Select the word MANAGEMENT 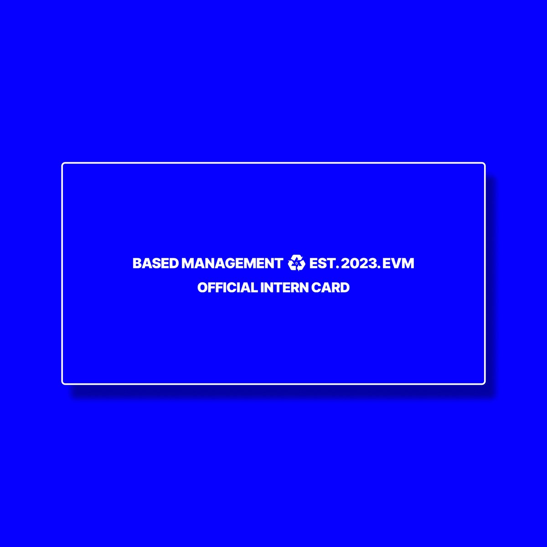point(232,263)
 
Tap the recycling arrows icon point(296,263)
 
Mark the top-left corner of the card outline point(63,164)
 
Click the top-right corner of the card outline point(484,164)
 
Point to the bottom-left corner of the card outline point(63,383)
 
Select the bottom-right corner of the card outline point(484,383)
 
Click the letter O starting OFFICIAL point(203,288)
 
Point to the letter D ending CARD point(345,288)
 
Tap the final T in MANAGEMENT point(279,263)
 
